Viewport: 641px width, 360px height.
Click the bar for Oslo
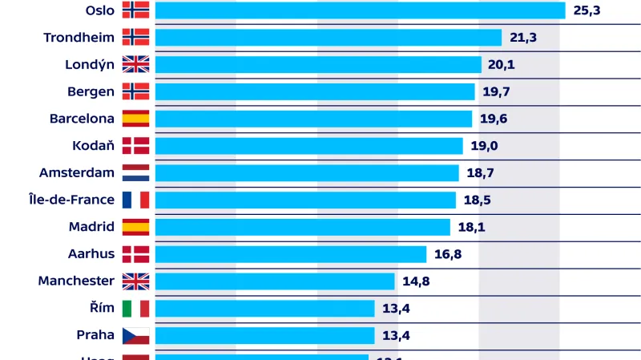pyautogui.click(x=361, y=10)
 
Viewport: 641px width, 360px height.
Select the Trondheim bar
pyautogui.click(x=329, y=38)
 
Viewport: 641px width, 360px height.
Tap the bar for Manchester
pyautogui.click(x=275, y=281)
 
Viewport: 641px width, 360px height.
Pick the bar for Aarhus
pyautogui.click(x=291, y=254)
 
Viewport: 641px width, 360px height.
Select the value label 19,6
pyautogui.click(x=494, y=119)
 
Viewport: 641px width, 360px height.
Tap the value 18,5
pyautogui.click(x=477, y=200)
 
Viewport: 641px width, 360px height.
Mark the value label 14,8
pyautogui.click(x=417, y=281)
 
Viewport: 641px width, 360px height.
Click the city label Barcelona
pyautogui.click(x=82, y=119)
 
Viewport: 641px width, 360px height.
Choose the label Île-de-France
pyautogui.click(x=71, y=200)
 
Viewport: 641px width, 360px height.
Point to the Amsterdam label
pyautogui.click(x=77, y=173)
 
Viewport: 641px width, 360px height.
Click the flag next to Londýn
pyautogui.click(x=135, y=65)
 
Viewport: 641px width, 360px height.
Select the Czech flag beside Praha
pyautogui.click(x=135, y=336)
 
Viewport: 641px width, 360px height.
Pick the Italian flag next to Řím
pyautogui.click(x=135, y=309)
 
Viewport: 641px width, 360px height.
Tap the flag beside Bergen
pyautogui.click(x=135, y=91)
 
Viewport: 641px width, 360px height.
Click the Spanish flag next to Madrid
pyautogui.click(x=135, y=227)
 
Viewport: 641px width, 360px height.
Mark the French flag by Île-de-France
pyautogui.click(x=135, y=200)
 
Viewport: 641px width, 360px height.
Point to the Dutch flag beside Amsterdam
pyautogui.click(x=135, y=173)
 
